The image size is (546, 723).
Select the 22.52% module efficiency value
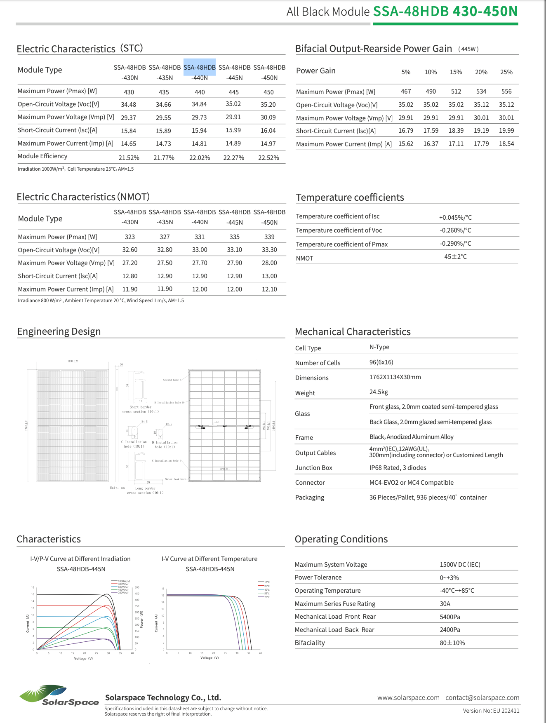click(x=268, y=158)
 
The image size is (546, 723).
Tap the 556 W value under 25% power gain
click(x=506, y=92)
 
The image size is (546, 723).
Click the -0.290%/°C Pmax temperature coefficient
click(x=455, y=244)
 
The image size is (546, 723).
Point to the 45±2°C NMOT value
click(x=455, y=257)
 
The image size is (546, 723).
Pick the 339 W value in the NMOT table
click(x=269, y=237)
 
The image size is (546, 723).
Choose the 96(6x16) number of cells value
click(x=381, y=362)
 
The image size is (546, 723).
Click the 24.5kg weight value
click(x=379, y=392)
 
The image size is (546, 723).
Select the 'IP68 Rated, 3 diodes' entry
click(x=398, y=468)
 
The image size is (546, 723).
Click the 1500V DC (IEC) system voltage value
click(x=460, y=565)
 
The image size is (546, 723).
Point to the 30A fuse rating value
click(x=445, y=604)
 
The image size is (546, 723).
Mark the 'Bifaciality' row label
click(x=310, y=643)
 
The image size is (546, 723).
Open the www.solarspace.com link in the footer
click(x=408, y=698)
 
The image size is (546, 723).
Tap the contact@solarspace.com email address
click(x=482, y=698)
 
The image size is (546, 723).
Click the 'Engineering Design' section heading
click(x=59, y=332)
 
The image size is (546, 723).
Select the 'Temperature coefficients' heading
click(x=350, y=197)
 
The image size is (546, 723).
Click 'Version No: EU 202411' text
click(x=491, y=711)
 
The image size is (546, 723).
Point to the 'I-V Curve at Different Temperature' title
click(x=209, y=559)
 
